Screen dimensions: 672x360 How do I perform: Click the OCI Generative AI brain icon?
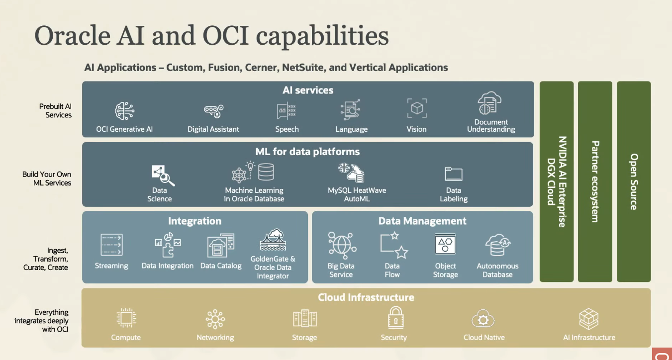coord(124,111)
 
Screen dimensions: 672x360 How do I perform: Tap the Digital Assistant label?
coord(213,129)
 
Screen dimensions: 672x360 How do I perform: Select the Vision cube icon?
coord(417,108)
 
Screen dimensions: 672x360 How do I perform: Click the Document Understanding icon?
coord(489,103)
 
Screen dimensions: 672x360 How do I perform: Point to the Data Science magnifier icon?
coord(163,176)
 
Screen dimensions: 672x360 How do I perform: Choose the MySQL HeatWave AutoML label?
coord(357,194)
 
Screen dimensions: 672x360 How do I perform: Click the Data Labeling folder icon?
coord(453,174)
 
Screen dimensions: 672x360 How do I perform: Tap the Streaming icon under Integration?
coord(111,245)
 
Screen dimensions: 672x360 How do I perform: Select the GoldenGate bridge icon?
coord(273,240)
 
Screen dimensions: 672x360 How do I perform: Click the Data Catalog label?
coord(221,266)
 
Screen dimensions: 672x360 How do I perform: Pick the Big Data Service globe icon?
coord(342,245)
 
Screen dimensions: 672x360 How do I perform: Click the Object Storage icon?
coord(445,244)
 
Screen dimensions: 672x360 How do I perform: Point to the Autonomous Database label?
coord(497,270)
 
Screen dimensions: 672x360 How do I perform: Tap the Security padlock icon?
coord(396,317)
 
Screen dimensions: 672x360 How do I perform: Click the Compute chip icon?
coord(126,317)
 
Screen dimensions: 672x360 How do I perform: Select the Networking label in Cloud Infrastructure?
coord(215,338)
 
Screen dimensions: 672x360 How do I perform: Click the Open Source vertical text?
coord(634,182)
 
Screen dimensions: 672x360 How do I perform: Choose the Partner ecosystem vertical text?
coord(595,182)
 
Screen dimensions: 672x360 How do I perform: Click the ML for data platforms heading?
coord(307,152)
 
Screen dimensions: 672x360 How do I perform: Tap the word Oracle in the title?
coord(73,36)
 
